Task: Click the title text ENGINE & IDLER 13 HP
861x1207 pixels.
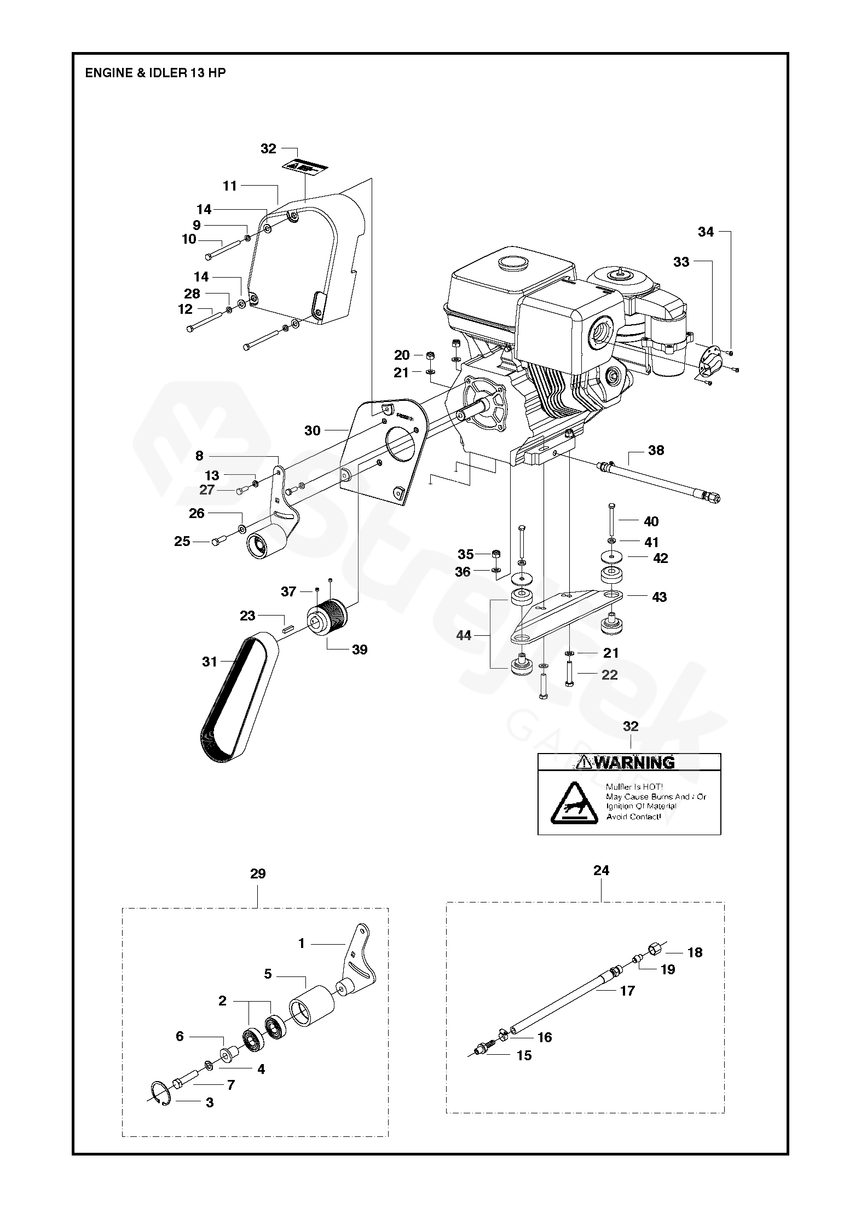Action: click(155, 73)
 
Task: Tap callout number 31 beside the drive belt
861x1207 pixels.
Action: click(210, 662)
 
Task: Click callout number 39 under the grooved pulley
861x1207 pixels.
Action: click(360, 650)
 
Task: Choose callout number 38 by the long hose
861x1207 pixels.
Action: click(656, 450)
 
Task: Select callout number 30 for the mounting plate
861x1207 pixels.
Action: click(312, 430)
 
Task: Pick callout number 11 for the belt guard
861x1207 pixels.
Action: click(230, 186)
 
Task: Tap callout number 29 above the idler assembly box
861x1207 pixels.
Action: click(258, 873)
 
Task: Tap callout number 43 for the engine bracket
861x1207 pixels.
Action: click(660, 596)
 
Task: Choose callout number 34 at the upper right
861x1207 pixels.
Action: click(706, 232)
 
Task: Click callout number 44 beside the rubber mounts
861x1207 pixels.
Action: click(464, 635)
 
